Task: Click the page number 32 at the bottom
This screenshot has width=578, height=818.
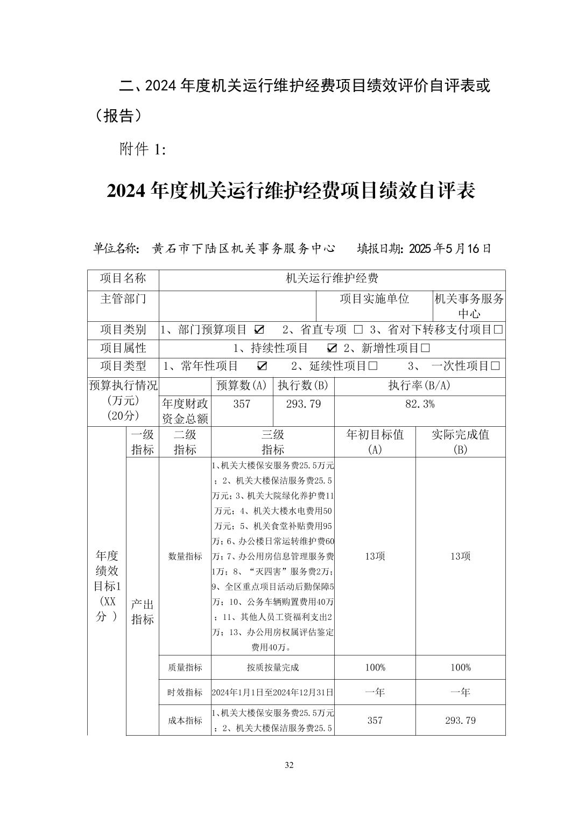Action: pos(289,765)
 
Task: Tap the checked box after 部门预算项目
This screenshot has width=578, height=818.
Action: pos(259,329)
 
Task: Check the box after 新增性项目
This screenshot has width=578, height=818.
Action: pos(425,348)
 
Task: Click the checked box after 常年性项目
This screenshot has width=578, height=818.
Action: pos(262,366)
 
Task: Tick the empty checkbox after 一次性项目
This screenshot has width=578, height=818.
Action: pos(496,366)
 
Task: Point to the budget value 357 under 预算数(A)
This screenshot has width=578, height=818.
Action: pos(242,404)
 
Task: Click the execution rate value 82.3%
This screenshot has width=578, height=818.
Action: pos(419,404)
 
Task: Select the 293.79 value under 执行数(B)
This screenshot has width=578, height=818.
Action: pos(303,404)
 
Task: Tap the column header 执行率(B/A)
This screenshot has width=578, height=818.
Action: pos(419,385)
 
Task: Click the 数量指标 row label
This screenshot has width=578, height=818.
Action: pos(185,556)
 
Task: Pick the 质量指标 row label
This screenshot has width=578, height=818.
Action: pos(185,667)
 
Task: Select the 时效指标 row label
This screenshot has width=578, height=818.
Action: pos(185,692)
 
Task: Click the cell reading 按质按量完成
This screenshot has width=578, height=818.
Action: pos(272,667)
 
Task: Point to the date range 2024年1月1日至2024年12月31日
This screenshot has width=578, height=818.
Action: pos(272,692)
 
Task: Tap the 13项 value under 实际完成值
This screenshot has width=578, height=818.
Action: pos(460,556)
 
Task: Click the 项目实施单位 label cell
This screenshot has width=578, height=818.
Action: pos(374,299)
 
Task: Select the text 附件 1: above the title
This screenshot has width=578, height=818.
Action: pos(143,150)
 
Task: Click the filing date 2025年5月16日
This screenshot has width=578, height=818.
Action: pos(450,249)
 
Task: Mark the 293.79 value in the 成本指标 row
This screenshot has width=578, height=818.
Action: pos(460,720)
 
